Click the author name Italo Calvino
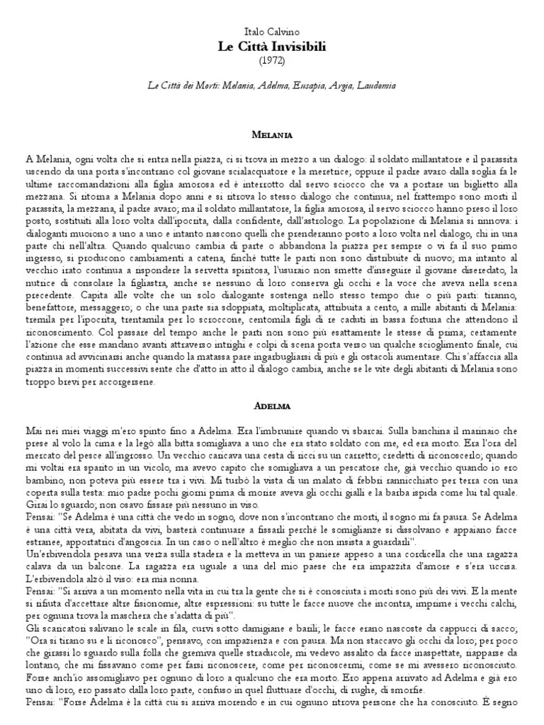pos(272,33)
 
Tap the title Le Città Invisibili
pos(272,46)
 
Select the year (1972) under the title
pos(272,60)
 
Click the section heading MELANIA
pos(272,133)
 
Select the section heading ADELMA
pos(272,406)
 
